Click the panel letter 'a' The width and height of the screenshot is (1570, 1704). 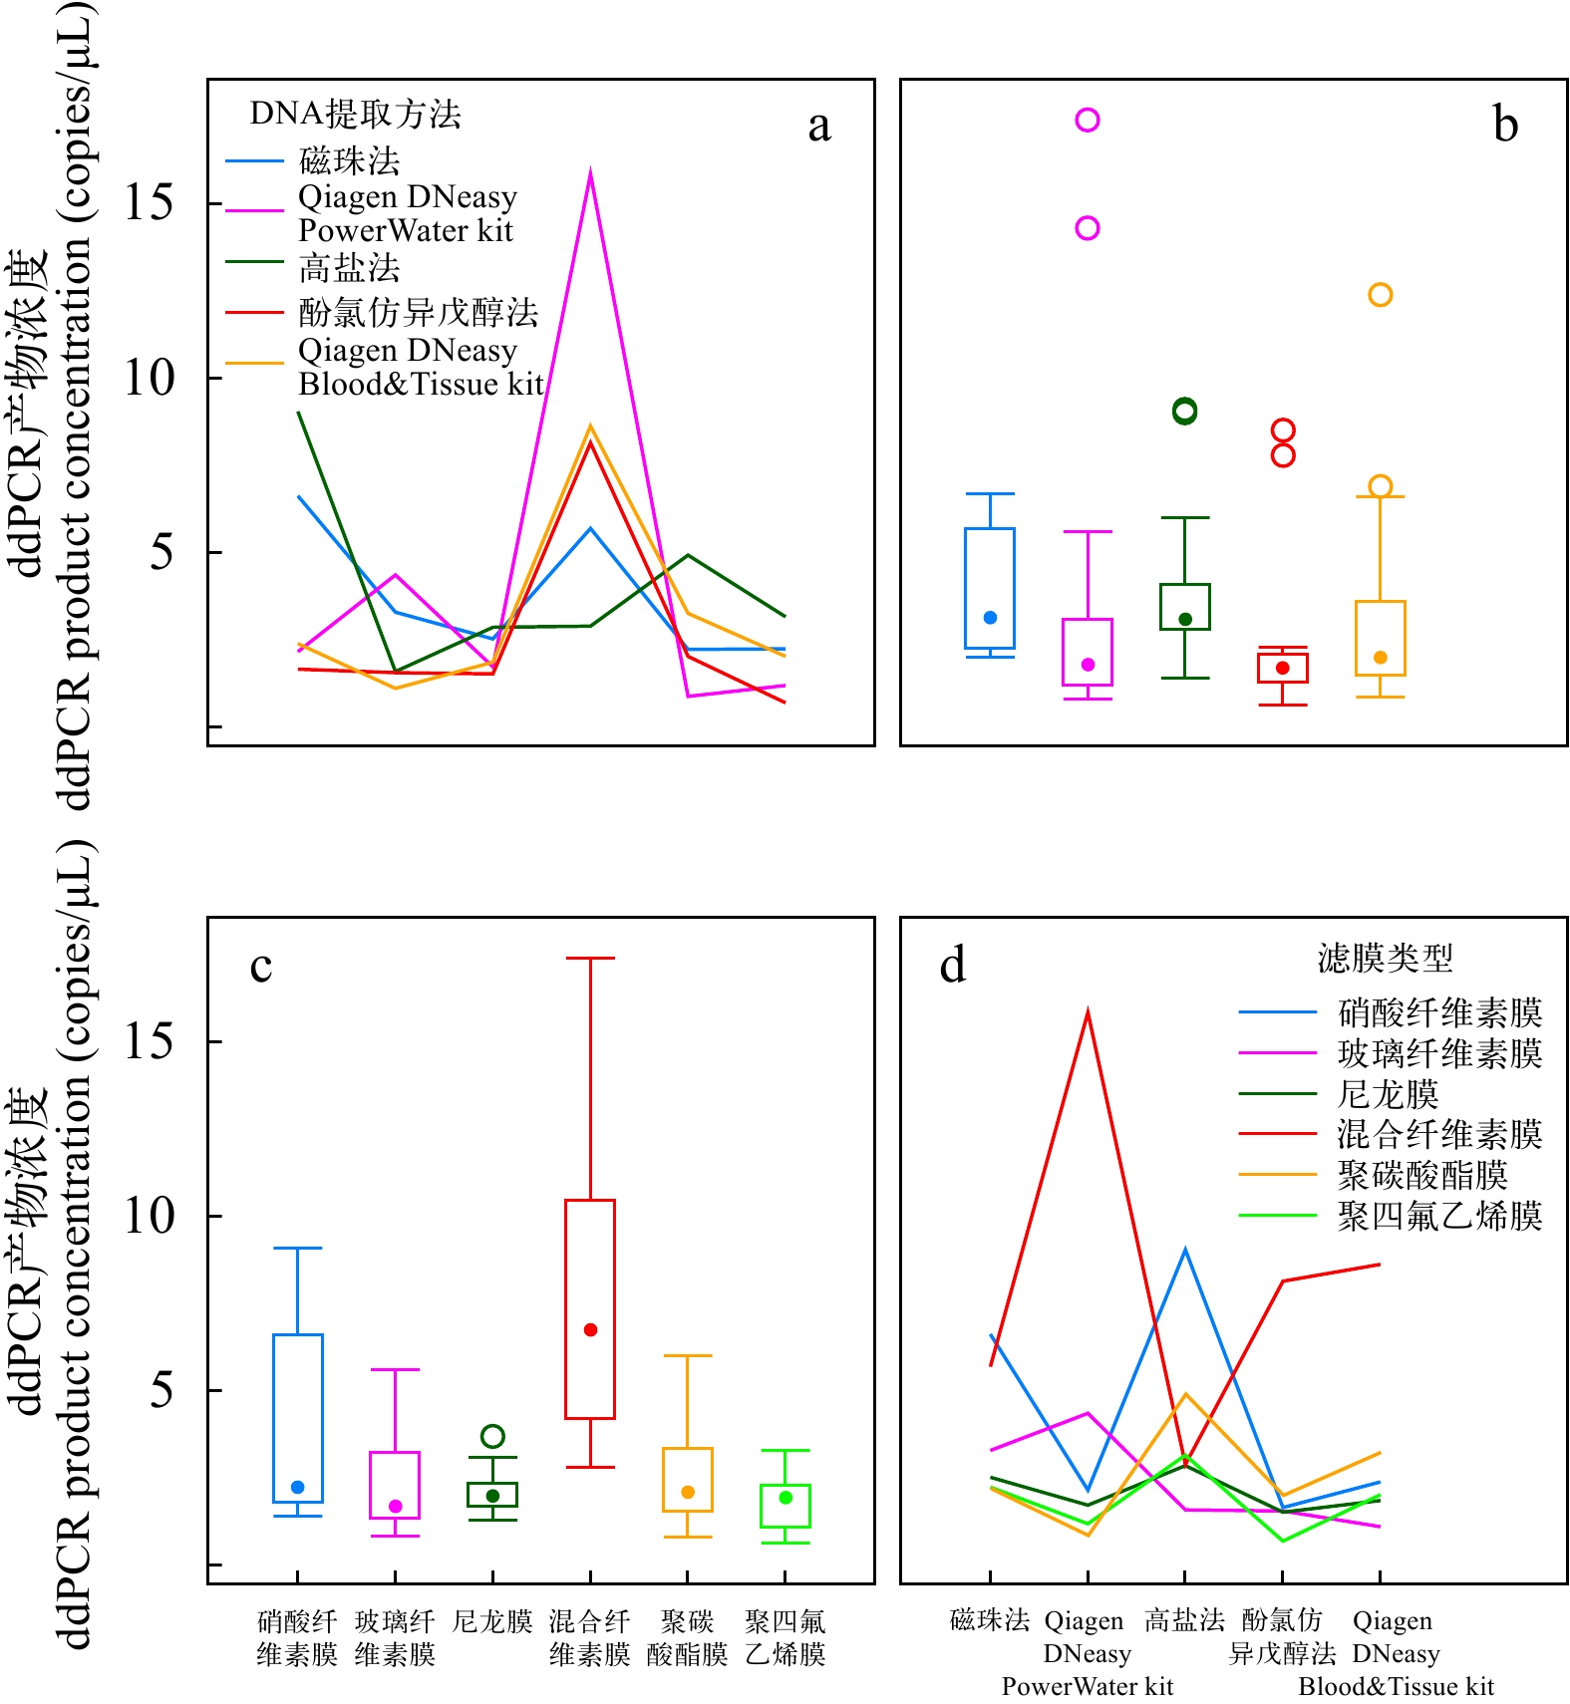click(818, 127)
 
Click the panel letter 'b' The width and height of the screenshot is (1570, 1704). click(1505, 126)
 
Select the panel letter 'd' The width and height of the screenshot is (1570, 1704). click(953, 966)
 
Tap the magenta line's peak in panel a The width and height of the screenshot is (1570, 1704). click(590, 171)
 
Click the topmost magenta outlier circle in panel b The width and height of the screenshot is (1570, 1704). click(1088, 121)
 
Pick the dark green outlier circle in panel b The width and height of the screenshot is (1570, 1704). click(1184, 411)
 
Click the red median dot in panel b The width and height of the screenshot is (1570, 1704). click(1283, 668)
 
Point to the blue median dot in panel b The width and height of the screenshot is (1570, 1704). click(990, 618)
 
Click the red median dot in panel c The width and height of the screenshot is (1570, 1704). click(590, 1329)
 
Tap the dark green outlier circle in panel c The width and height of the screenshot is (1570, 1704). click(492, 1436)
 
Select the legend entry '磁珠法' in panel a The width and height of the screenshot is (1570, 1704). click(349, 161)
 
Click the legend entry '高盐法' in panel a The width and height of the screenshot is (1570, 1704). click(349, 268)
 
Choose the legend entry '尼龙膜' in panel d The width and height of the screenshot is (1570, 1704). click(1388, 1094)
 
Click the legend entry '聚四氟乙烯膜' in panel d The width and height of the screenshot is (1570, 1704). click(1439, 1217)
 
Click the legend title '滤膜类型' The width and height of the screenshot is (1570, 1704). click(1385, 959)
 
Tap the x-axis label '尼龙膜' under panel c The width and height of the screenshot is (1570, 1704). click(492, 1621)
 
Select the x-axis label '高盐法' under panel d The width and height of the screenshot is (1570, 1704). click(1184, 1620)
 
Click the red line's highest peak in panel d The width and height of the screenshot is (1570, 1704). click(1088, 1011)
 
